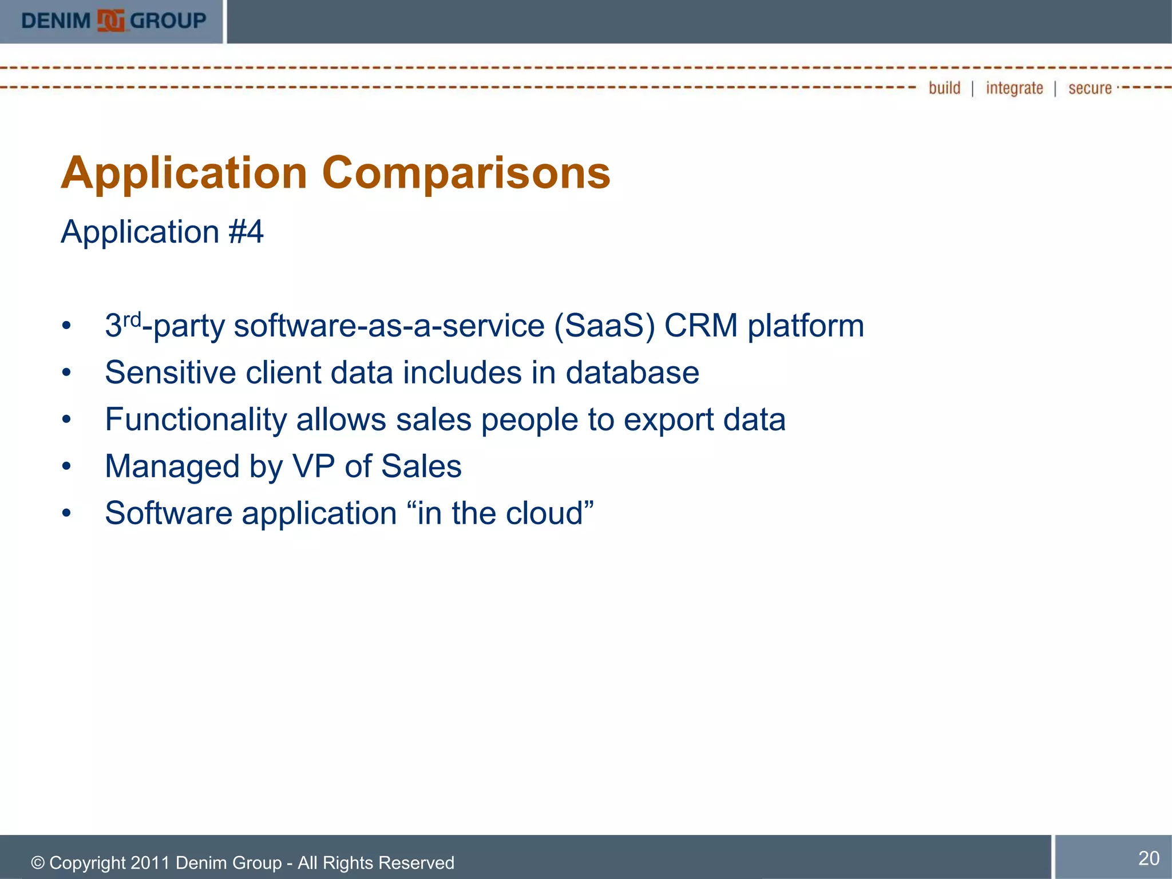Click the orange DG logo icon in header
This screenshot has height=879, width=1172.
coord(111,21)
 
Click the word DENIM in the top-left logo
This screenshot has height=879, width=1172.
coord(56,21)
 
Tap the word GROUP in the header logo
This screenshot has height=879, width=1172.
coord(168,21)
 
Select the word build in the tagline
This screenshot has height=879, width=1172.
coord(944,88)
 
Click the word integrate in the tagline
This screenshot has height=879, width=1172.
coord(1014,88)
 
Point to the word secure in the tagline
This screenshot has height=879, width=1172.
coord(1090,88)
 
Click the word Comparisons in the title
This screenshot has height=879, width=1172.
coord(466,173)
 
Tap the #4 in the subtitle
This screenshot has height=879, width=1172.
coord(246,232)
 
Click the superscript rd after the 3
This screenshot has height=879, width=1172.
coord(132,319)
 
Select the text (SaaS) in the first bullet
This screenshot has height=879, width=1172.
coord(604,326)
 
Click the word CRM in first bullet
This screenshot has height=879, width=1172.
coord(701,326)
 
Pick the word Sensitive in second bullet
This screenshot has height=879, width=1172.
coord(171,373)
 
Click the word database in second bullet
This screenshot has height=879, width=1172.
coord(632,373)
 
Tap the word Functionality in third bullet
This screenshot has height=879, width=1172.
coord(196,420)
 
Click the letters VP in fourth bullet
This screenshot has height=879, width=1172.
coord(314,466)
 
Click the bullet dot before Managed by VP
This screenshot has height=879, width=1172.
coord(67,466)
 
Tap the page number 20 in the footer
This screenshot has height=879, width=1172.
coord(1149,858)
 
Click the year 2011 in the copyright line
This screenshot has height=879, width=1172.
coord(150,863)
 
